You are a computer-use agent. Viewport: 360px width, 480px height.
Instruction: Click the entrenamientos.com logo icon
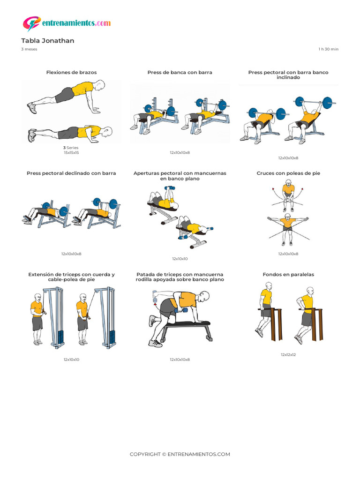31,23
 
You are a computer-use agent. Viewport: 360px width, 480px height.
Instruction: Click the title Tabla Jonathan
47,41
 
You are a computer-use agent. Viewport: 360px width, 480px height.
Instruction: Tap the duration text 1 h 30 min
328,49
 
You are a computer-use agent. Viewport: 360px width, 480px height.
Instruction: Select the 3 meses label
29,49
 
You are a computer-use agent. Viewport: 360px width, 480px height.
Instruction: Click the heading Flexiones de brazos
71,73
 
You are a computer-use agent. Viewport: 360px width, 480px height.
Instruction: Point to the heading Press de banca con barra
180,73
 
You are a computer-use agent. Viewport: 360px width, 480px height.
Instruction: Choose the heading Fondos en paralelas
288,275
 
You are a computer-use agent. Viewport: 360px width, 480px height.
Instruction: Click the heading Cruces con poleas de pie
288,173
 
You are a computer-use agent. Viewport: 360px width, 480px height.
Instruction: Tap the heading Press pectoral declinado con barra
71,173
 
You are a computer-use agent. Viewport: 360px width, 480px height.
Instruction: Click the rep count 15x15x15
71,153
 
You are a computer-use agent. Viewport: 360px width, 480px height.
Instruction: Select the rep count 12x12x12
288,355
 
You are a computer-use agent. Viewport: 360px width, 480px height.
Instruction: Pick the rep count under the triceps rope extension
71,360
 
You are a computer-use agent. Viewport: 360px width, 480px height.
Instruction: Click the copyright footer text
180,454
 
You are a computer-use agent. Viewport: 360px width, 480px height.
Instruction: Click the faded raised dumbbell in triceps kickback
155,294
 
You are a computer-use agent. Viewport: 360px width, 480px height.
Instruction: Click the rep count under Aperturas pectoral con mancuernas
180,259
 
